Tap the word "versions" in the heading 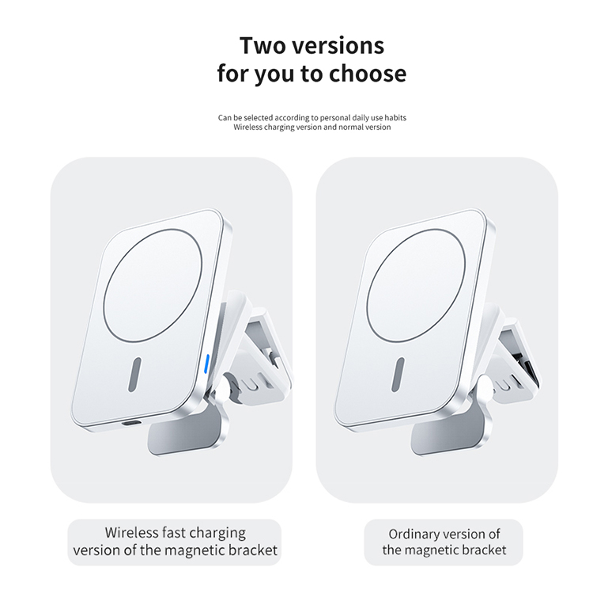pos(339,46)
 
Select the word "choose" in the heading pos(368,73)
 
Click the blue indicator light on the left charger pos(207,364)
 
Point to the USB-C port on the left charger pos(130,424)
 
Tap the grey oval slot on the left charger pos(134,375)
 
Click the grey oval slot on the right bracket pos(398,375)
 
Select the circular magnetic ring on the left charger pos(153,285)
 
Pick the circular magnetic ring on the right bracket pos(416,285)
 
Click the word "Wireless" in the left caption pos(131,532)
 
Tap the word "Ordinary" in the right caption pos(415,534)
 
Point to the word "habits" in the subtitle pos(395,117)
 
